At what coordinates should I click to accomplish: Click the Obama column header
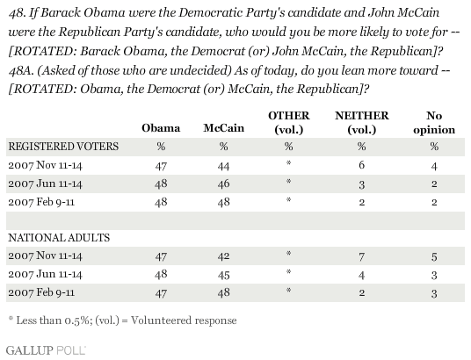click(161, 128)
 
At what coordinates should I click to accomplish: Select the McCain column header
click(224, 128)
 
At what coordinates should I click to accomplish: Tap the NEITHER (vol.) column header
click(362, 123)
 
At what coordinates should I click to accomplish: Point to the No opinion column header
click(434, 123)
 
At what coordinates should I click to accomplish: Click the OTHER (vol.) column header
click(289, 123)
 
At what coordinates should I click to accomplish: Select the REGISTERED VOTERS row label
click(63, 147)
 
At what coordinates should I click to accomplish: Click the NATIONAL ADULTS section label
click(59, 238)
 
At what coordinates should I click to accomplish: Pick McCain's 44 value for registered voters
click(223, 166)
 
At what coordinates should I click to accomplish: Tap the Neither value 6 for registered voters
click(362, 165)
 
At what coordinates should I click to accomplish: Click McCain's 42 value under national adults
click(223, 256)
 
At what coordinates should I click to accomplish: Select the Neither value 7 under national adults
click(362, 256)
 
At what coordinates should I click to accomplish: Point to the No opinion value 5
click(434, 256)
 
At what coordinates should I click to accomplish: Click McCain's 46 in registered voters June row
click(223, 184)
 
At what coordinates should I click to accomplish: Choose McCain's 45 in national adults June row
click(223, 275)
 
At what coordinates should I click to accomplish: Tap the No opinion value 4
click(434, 166)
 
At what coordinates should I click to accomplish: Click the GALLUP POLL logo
click(46, 350)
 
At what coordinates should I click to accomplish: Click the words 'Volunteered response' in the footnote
click(184, 320)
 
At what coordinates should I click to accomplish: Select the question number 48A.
click(20, 70)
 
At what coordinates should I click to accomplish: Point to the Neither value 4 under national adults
click(362, 275)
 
